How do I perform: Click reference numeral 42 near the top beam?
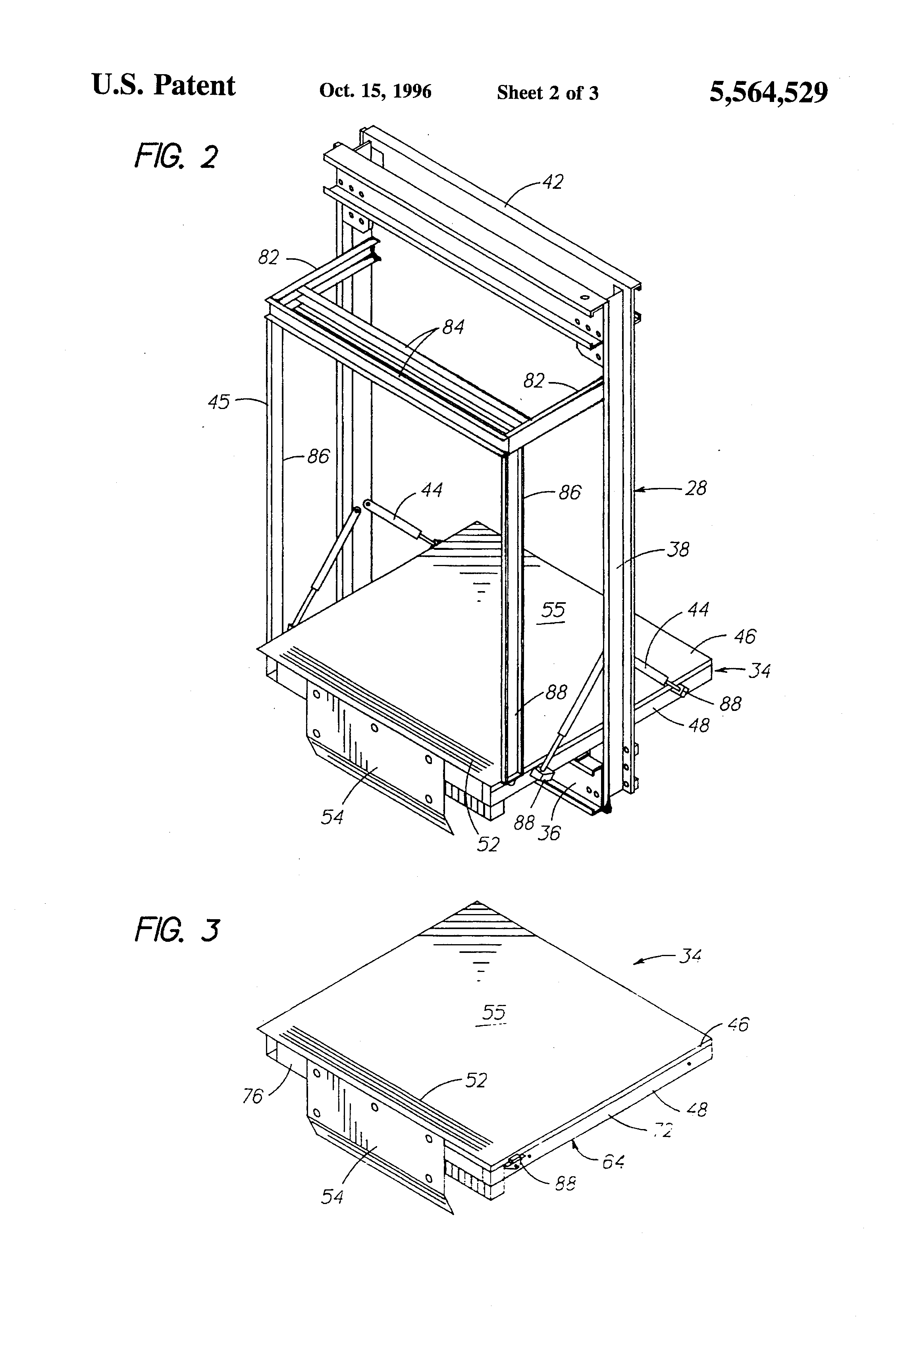[553, 182]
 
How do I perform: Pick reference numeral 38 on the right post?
[677, 549]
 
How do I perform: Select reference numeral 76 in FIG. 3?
[252, 1097]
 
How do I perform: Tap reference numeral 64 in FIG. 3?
[613, 1162]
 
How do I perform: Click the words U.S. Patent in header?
[164, 86]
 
